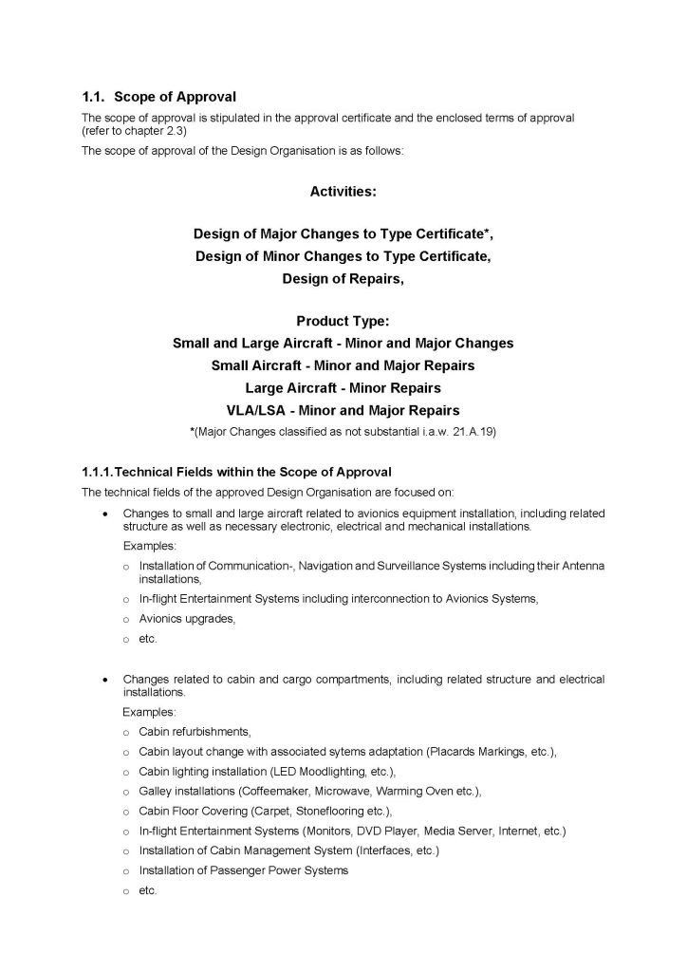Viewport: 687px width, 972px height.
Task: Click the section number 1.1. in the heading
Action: pos(94,97)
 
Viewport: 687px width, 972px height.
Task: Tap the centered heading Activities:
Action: pos(343,191)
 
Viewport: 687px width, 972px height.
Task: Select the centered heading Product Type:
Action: pos(343,321)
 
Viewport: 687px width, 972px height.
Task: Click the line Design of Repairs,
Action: pos(343,278)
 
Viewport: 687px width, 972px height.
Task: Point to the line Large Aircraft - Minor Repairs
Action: pos(343,387)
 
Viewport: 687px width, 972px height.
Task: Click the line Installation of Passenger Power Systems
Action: pos(243,870)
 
